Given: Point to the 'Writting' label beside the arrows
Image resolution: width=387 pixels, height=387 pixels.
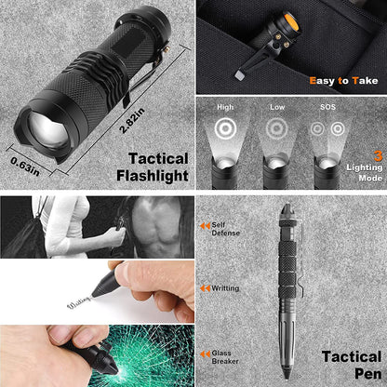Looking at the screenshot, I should coord(226,288).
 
